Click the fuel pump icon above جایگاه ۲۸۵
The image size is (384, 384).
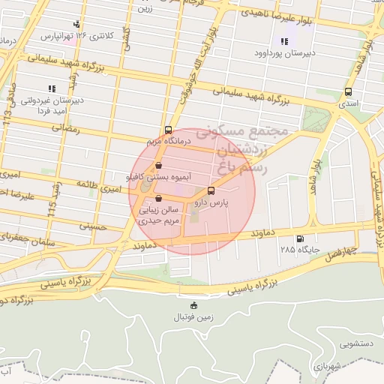pyautogui.click(x=301, y=239)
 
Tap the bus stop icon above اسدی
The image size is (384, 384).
pyautogui.click(x=347, y=91)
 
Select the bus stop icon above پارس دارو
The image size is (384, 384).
pyautogui.click(x=211, y=190)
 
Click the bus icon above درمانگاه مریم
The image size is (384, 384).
pyautogui.click(x=168, y=129)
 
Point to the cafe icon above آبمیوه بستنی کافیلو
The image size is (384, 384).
pyautogui.click(x=158, y=166)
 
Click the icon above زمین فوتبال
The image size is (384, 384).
pyautogui.click(x=194, y=304)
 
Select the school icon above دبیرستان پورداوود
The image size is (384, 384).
pyautogui.click(x=283, y=41)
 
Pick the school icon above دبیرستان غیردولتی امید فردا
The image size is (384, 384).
pyautogui.click(x=50, y=88)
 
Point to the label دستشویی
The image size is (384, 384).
pyautogui.click(x=357, y=346)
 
